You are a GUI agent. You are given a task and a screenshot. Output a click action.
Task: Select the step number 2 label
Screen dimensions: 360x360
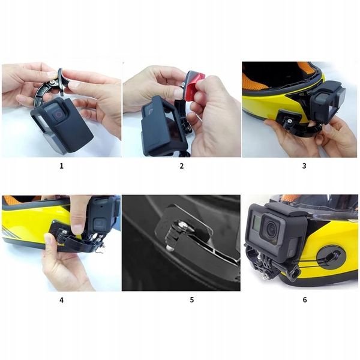point(181,166)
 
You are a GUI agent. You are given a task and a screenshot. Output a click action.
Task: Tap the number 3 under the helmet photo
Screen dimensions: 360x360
point(304,166)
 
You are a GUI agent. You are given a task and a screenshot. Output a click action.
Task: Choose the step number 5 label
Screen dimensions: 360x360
point(191,299)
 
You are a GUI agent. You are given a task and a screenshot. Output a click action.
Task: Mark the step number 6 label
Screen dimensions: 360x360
point(304,299)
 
